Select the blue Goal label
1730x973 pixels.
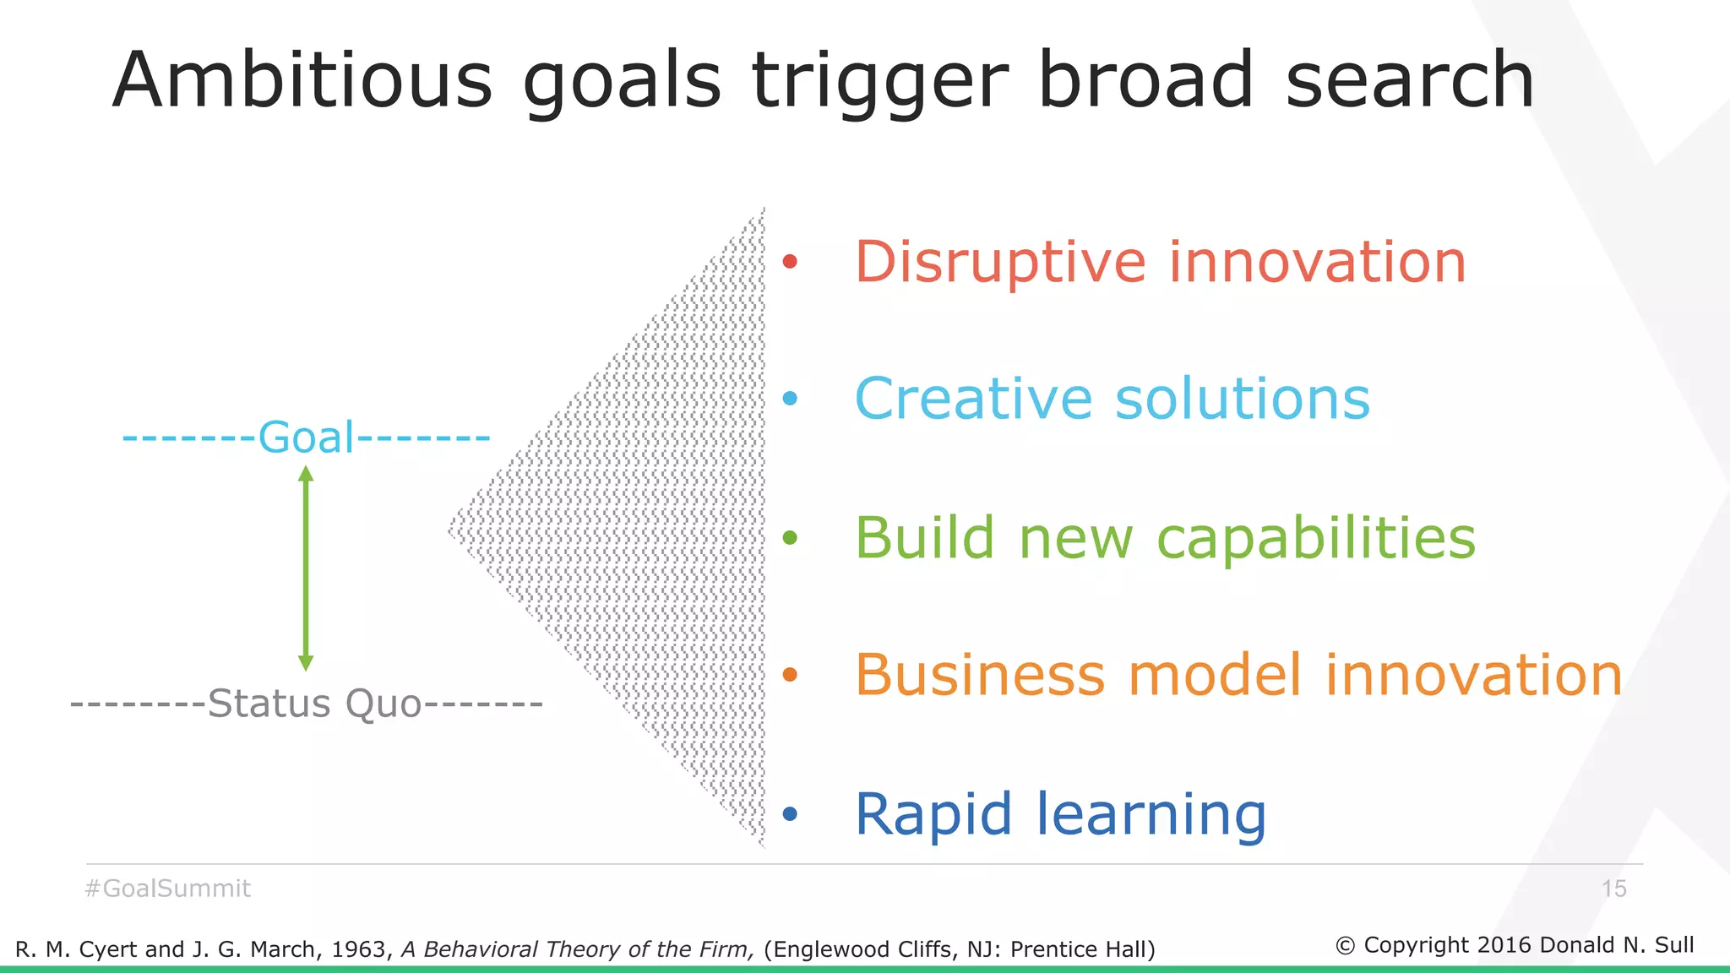(x=307, y=438)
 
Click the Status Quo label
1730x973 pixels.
(x=314, y=704)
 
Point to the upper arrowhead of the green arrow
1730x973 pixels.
(x=307, y=473)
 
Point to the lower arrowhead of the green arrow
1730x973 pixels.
(x=307, y=663)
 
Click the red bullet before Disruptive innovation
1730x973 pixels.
(x=790, y=261)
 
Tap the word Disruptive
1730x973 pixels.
(x=1000, y=263)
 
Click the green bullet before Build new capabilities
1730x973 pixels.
(x=790, y=537)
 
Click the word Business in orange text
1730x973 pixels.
(x=980, y=675)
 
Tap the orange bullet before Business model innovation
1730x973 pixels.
(x=790, y=674)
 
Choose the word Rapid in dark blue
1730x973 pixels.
(x=933, y=814)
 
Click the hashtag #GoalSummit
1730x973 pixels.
(x=168, y=889)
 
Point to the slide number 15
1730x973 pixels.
(x=1613, y=889)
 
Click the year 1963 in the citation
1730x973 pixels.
(x=360, y=949)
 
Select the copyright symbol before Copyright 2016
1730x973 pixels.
(x=1345, y=946)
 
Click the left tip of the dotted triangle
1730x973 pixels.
(x=450, y=530)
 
